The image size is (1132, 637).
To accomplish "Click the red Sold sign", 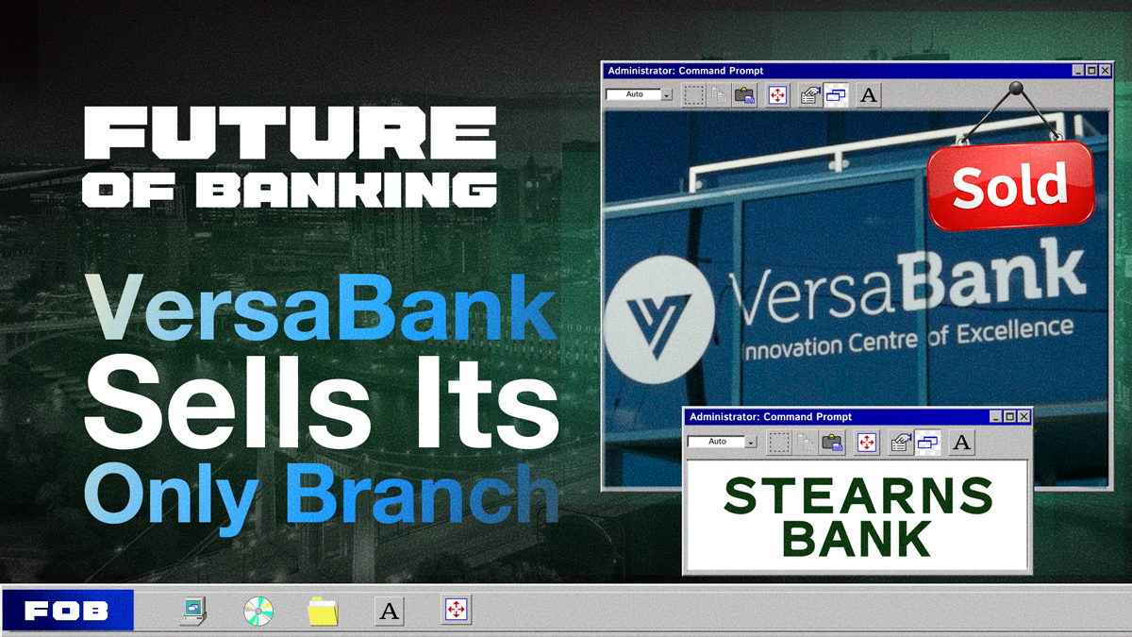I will pyautogui.click(x=1010, y=186).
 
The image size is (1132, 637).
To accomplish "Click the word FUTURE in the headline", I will pyautogui.click(x=290, y=132).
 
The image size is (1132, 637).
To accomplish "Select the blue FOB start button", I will pyautogui.click(x=67, y=611).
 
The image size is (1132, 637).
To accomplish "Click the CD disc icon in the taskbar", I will pyautogui.click(x=258, y=612).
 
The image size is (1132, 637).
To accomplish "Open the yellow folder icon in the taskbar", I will pyautogui.click(x=323, y=612).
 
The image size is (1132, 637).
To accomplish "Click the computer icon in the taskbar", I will pyautogui.click(x=194, y=612).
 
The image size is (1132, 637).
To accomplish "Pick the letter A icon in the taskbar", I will pyautogui.click(x=389, y=612).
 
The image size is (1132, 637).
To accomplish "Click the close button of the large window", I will pyautogui.click(x=1106, y=71).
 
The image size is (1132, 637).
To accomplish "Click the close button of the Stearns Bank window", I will pyautogui.click(x=1024, y=417).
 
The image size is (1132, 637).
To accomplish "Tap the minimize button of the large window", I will pyautogui.click(x=1077, y=71).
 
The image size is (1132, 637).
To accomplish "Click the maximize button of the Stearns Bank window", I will pyautogui.click(x=1009, y=417).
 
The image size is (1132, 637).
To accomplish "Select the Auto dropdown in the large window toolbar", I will pyautogui.click(x=639, y=94).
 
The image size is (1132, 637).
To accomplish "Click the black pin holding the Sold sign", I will pyautogui.click(x=1017, y=89).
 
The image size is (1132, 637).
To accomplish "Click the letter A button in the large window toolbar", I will pyautogui.click(x=869, y=95).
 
